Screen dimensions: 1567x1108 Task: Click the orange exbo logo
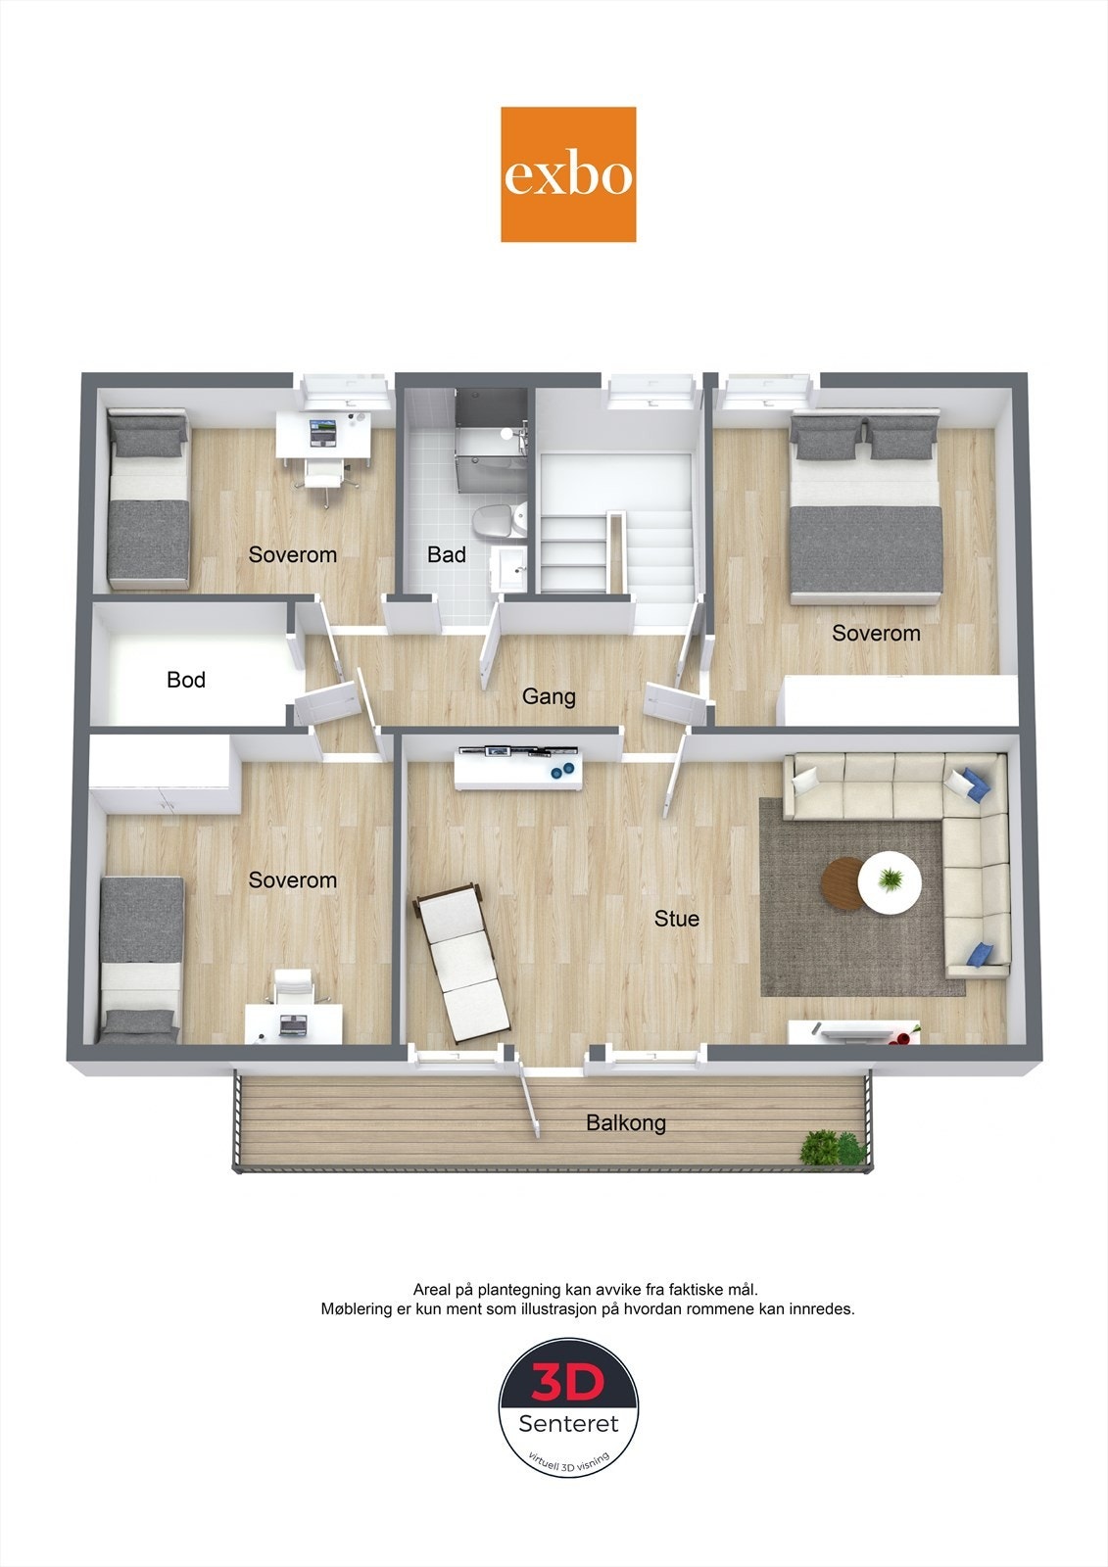(568, 174)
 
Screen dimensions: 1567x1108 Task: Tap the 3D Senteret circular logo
(568, 1406)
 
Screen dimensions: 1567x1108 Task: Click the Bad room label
(447, 554)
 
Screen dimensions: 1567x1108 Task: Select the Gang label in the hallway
(549, 696)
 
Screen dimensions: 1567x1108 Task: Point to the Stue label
(677, 919)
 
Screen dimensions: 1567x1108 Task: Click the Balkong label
(626, 1122)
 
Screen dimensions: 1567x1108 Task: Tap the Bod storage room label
(186, 680)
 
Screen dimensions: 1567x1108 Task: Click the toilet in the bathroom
(496, 521)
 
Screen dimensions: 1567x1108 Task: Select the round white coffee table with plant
(890, 882)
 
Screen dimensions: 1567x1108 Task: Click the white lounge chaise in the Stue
(460, 960)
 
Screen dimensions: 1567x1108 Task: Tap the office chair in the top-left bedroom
(324, 475)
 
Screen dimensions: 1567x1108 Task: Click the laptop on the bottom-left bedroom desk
(293, 1024)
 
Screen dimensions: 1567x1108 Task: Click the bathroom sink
(511, 565)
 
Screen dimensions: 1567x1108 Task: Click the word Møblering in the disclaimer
(360, 1308)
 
